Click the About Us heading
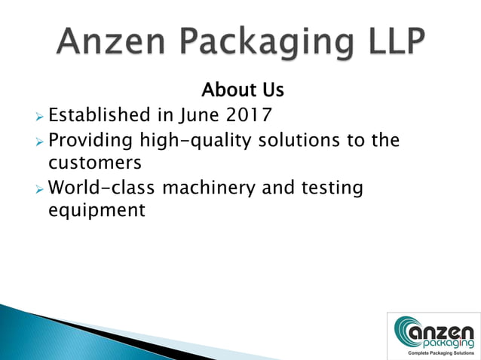(x=242, y=90)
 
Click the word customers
(x=95, y=163)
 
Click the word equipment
(x=96, y=210)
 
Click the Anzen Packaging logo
(x=434, y=331)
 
